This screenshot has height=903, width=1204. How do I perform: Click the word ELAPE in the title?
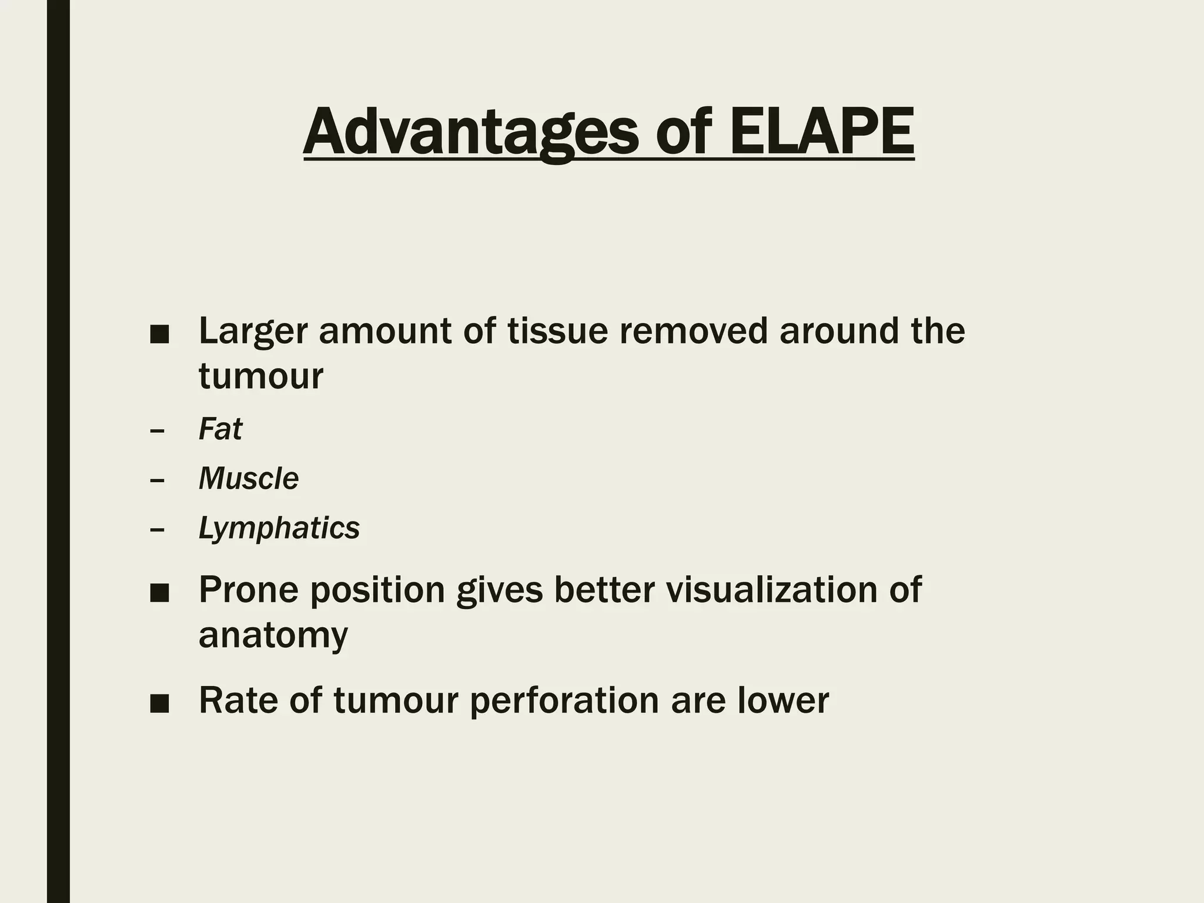pyautogui.click(x=821, y=132)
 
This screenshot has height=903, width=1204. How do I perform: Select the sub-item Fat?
pyautogui.click(x=220, y=429)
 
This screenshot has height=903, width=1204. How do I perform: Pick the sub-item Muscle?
pyautogui.click(x=249, y=479)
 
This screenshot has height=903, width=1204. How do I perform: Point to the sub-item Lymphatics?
pyautogui.click(x=279, y=528)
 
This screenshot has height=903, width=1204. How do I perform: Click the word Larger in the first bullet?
pyautogui.click(x=253, y=332)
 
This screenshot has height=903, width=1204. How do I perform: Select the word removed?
pyautogui.click(x=694, y=330)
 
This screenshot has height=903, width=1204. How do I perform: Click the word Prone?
pyautogui.click(x=249, y=590)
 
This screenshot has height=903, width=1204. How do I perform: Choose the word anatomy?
pyautogui.click(x=273, y=636)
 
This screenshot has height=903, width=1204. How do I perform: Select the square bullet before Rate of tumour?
pyautogui.click(x=159, y=704)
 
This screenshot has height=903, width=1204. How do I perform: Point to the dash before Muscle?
pyautogui.click(x=157, y=480)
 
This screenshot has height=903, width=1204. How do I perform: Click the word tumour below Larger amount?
pyautogui.click(x=261, y=376)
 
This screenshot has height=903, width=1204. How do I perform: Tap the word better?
pyautogui.click(x=604, y=590)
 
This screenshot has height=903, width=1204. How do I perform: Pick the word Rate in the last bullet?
pyautogui.click(x=236, y=701)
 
